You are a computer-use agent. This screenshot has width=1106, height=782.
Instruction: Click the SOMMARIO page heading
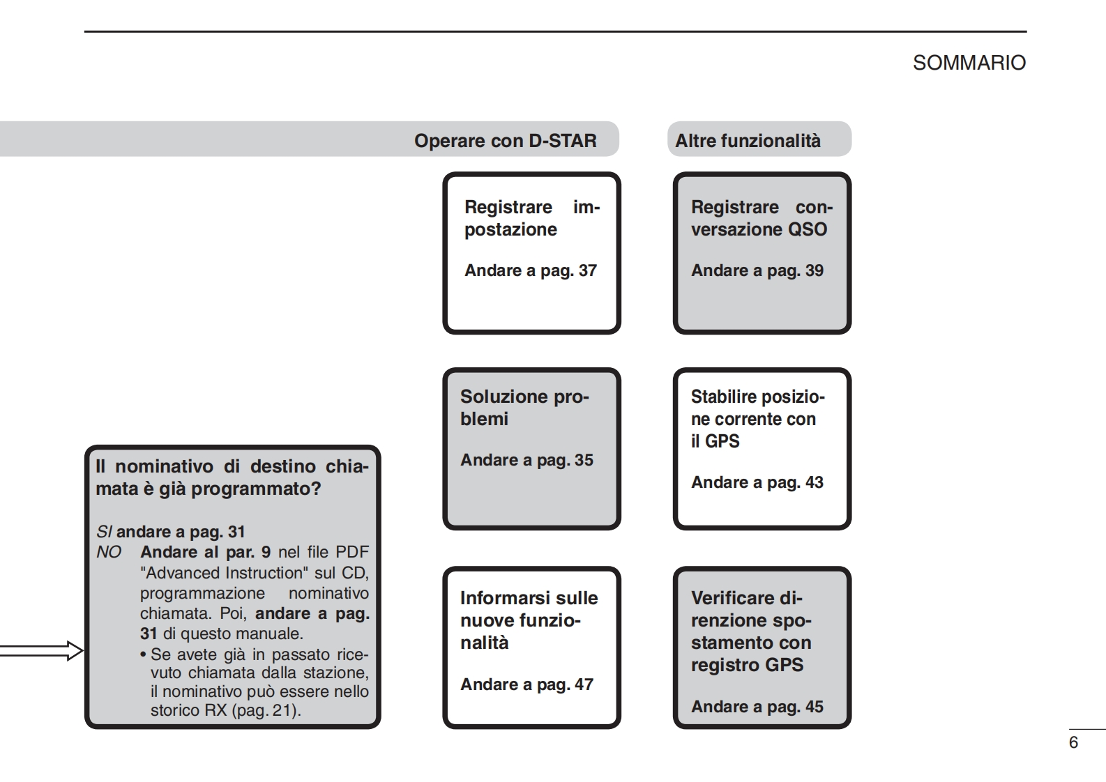coord(969,63)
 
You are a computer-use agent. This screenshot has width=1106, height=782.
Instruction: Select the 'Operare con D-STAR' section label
coord(505,141)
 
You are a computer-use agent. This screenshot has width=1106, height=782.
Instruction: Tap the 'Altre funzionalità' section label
coord(748,141)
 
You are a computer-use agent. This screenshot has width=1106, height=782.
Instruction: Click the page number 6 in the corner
coord(1073,742)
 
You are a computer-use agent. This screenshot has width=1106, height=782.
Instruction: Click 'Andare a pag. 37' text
coord(530,270)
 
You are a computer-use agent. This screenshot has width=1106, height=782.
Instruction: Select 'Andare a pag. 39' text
coord(757,270)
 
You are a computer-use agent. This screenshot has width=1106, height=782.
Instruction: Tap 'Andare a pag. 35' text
coord(527,460)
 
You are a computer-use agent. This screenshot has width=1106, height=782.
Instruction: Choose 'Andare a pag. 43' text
coord(757,482)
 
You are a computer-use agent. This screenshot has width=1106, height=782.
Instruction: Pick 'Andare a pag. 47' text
coord(527,684)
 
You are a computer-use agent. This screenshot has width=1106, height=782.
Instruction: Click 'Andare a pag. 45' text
coord(757,707)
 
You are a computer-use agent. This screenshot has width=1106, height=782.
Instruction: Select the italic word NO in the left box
coord(108,552)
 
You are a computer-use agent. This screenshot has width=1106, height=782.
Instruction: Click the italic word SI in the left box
coord(103,532)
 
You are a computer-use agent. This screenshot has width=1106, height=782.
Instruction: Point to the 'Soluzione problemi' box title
coord(524,408)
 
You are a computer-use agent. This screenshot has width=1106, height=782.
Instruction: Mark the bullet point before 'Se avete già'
coord(143,655)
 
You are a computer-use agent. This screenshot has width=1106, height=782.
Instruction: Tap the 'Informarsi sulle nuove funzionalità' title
coord(529,620)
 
